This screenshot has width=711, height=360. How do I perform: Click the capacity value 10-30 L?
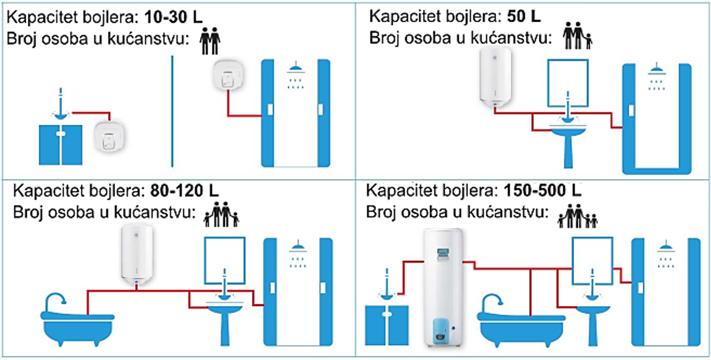click(173, 18)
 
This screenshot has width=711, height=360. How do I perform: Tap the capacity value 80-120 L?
click(185, 192)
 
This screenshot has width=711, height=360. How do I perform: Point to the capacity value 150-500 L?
click(542, 191)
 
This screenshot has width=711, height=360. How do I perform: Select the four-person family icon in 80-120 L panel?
click(221, 215)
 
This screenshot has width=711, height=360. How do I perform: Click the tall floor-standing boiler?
click(443, 288)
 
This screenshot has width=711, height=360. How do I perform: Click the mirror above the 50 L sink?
click(568, 83)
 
